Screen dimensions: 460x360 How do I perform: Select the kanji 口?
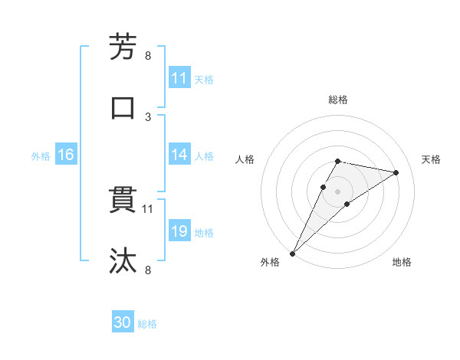click(123, 108)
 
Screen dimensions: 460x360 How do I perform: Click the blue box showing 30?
click(123, 323)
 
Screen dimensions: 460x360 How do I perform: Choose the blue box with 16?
click(66, 155)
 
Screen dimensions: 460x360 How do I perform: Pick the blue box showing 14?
click(179, 155)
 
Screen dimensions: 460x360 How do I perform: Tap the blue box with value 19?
click(179, 232)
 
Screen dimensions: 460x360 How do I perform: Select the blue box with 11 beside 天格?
click(179, 78)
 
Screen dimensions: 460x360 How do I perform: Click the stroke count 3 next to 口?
click(148, 116)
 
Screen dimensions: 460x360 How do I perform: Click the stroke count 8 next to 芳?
click(148, 55)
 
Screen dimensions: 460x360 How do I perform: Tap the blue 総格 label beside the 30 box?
click(148, 324)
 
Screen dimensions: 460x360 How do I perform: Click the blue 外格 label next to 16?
click(41, 156)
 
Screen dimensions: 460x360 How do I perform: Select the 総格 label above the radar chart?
click(338, 100)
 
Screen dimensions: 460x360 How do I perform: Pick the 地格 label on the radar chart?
click(402, 263)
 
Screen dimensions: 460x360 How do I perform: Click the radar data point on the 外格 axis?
click(292, 254)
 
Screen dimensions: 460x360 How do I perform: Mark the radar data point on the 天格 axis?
click(396, 172)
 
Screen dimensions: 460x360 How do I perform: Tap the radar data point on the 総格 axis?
click(338, 161)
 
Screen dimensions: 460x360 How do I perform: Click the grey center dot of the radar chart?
click(338, 191)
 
